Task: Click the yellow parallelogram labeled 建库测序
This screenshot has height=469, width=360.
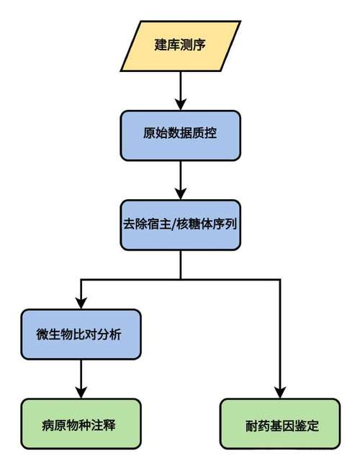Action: tap(179, 46)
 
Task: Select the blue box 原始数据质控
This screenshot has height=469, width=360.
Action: tap(179, 135)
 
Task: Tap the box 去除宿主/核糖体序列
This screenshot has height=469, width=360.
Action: tap(179, 224)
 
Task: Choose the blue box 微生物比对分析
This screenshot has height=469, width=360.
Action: tap(81, 334)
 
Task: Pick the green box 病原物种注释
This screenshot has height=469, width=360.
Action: tap(81, 424)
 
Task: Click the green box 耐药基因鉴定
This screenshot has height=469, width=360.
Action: tap(279, 424)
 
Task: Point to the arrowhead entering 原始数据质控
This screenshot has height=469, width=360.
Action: tap(179, 103)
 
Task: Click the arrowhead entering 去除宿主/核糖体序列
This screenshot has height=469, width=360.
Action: tap(179, 192)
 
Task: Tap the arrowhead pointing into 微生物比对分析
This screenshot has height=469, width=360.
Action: tap(81, 303)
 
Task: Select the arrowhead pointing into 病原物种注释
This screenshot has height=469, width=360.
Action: tap(81, 392)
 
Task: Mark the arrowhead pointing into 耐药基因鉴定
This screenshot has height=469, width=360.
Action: tap(279, 392)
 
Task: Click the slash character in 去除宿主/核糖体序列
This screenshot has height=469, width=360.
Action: tap(170, 224)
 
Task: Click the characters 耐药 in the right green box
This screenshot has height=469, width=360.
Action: tap(255, 424)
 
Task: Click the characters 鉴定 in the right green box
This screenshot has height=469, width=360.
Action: tap(304, 424)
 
